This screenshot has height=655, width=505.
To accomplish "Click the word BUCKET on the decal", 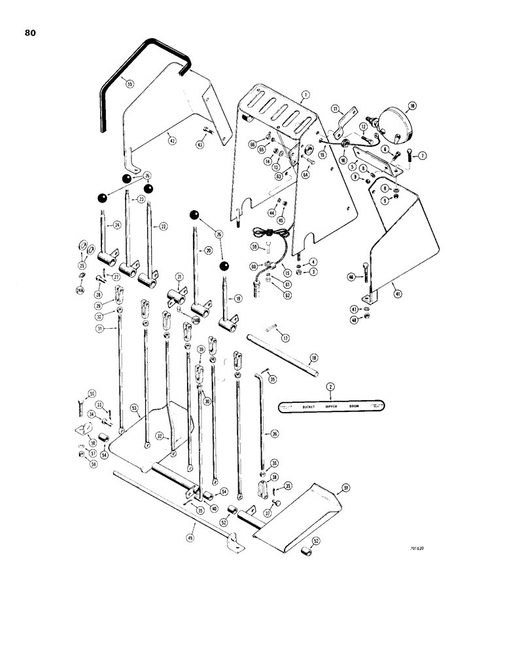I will click(x=310, y=407).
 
